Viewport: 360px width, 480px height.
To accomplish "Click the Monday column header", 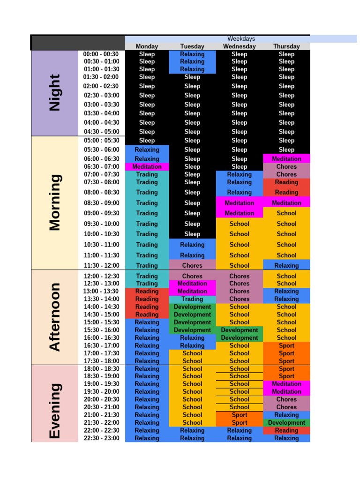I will click(147, 46).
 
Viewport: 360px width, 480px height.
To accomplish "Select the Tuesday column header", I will click(192, 46).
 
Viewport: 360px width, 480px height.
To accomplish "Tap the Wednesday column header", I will click(239, 46).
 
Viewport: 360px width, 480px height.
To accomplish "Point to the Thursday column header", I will click(286, 46).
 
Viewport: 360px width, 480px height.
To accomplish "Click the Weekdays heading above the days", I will click(241, 38).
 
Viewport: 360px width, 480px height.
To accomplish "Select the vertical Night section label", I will click(55, 93).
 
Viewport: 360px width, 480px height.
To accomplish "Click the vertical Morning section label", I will click(55, 202).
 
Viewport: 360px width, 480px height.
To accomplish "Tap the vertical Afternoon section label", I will click(55, 317).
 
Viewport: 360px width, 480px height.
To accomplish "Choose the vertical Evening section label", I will click(55, 411).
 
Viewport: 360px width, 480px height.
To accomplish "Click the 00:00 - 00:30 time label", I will click(101, 54).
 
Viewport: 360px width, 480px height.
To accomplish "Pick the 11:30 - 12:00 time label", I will click(101, 265).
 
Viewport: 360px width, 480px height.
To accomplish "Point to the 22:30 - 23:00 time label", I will click(101, 438).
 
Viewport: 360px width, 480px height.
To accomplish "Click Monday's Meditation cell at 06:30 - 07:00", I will click(147, 166).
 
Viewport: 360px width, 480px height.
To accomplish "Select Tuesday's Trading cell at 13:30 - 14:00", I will click(192, 299).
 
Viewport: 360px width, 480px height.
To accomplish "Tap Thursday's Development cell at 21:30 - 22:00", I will click(286, 423).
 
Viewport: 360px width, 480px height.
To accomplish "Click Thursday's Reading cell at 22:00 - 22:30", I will click(286, 430).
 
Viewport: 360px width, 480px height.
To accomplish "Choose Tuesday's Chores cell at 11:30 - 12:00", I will click(192, 265).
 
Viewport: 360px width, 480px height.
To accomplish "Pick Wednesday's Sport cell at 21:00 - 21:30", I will click(239, 415).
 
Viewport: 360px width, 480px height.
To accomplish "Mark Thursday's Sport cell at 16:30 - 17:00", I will click(286, 345).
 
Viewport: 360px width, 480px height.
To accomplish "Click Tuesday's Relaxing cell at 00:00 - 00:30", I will click(192, 54).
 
